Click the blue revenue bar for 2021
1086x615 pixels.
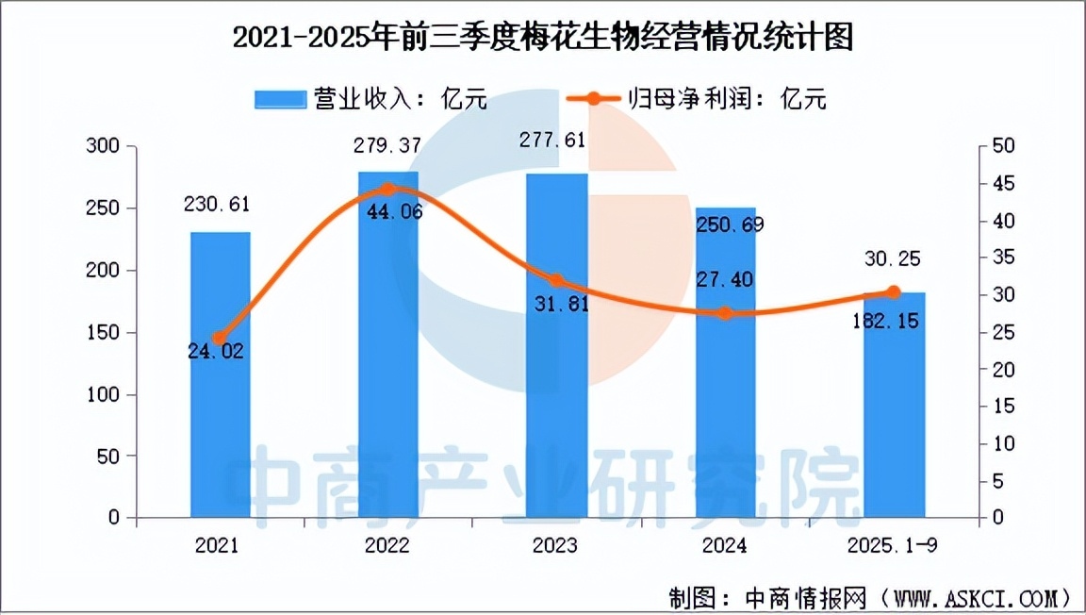[221, 396]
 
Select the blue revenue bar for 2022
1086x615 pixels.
[387, 377]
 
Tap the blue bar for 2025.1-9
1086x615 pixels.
[894, 424]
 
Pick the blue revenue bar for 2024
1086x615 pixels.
[725, 396]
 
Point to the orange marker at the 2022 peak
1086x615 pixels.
[387, 190]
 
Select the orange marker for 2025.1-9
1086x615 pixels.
[894, 292]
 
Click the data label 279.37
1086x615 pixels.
[387, 146]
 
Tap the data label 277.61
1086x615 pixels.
[555, 141]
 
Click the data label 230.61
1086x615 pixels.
[221, 204]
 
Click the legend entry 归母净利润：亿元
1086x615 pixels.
[698, 98]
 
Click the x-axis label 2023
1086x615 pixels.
[555, 546]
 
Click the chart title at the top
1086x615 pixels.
[543, 38]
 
